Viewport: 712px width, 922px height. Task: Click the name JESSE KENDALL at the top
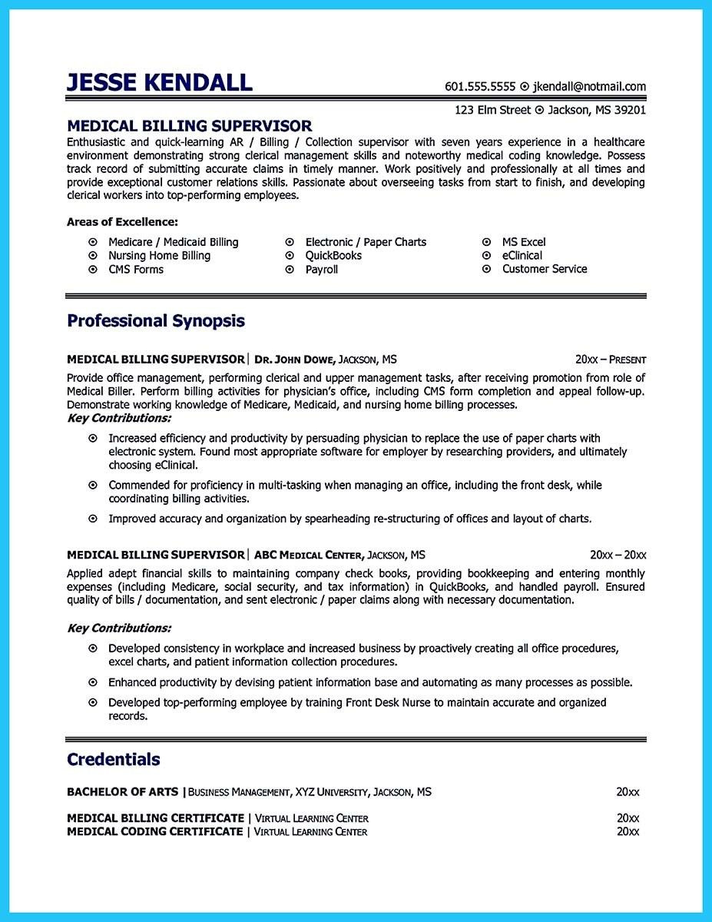tap(159, 82)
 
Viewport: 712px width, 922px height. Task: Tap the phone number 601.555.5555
tap(480, 87)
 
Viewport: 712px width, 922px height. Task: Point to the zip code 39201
tap(629, 110)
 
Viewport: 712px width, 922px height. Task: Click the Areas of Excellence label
tap(122, 222)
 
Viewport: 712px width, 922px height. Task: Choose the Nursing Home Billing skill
tap(159, 256)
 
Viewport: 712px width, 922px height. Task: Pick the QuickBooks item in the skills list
tap(333, 256)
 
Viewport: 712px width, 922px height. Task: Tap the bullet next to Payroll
tap(290, 270)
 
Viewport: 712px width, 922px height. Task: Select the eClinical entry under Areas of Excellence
tap(522, 256)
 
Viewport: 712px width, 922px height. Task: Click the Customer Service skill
tap(545, 270)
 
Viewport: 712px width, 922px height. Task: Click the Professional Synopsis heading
tap(156, 320)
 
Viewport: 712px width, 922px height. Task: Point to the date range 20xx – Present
tap(611, 360)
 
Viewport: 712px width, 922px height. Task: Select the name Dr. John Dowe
tap(296, 360)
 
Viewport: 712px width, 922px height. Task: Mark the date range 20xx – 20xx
tap(618, 555)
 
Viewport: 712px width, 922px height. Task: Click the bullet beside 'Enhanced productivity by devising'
tap(93, 682)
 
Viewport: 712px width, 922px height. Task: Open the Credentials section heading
tap(114, 760)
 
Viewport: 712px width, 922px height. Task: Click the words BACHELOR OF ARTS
tap(122, 791)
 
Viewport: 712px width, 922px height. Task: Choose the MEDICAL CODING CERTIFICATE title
tap(154, 832)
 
